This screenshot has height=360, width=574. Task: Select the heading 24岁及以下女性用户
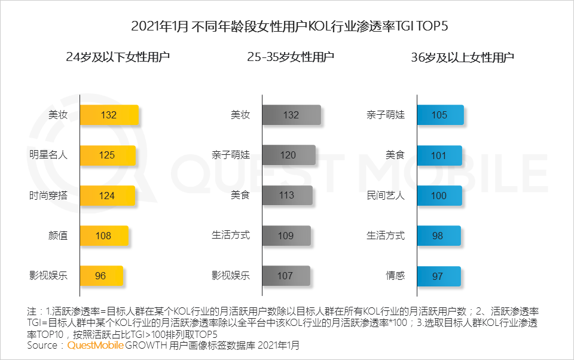(x=118, y=57)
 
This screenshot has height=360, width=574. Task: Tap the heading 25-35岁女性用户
(x=291, y=57)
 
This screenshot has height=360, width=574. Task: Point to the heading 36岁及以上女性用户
(x=462, y=57)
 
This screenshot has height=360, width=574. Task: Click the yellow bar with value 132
(x=109, y=115)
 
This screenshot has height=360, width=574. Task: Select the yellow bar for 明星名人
(x=108, y=155)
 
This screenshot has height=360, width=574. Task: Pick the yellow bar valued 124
(x=107, y=196)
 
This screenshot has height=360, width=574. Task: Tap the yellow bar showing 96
(x=101, y=276)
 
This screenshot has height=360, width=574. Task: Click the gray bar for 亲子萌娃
(x=288, y=155)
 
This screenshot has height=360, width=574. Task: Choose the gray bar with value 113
(x=287, y=196)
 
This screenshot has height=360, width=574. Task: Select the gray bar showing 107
(x=285, y=276)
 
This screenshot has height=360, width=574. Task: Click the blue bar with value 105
(x=440, y=115)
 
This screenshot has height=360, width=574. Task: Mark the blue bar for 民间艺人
(x=439, y=196)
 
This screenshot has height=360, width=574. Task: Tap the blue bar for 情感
(x=438, y=276)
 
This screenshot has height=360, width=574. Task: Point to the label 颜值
(x=58, y=236)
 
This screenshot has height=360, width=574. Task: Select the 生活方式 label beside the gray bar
(x=231, y=236)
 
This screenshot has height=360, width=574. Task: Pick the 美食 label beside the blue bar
(x=395, y=155)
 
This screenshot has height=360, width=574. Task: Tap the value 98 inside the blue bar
(x=438, y=236)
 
